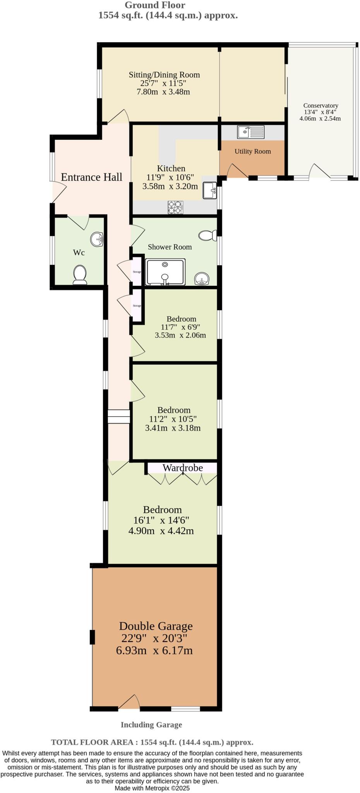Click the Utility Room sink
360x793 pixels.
251,132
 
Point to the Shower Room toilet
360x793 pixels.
208,235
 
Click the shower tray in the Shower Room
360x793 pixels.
165,272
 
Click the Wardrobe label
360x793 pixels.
183,468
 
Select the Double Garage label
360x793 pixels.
156,626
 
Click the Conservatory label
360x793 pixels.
321,105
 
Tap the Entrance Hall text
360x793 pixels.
92,177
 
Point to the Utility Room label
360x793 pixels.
252,151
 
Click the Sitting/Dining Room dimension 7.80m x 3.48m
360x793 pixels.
163,92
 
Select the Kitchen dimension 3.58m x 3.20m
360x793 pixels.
170,186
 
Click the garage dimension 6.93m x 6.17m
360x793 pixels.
154,651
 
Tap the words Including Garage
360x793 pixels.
151,724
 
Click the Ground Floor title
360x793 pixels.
155,5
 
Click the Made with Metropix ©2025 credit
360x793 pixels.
152,788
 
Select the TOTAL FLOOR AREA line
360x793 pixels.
152,742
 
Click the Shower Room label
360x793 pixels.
170,247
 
